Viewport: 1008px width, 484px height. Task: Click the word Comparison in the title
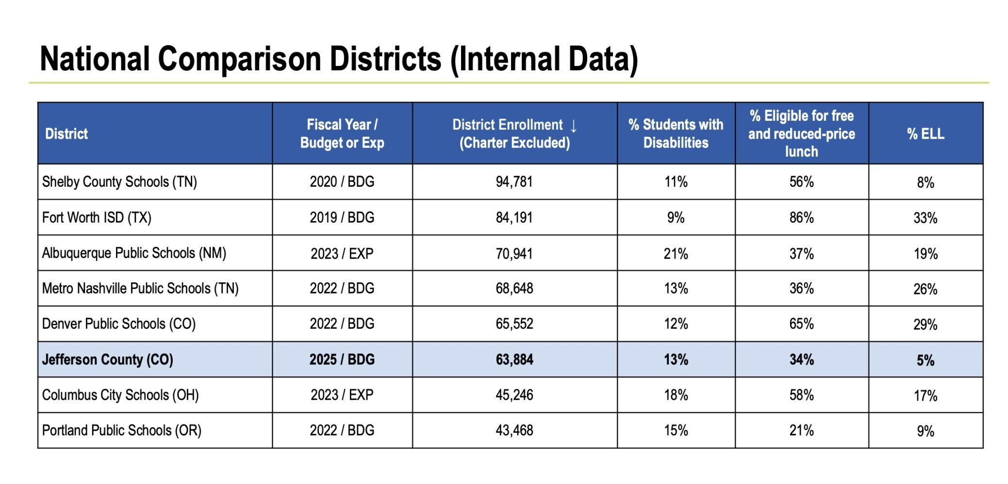240,59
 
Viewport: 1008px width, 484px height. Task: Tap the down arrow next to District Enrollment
574,126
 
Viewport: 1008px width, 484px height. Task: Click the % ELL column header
925,134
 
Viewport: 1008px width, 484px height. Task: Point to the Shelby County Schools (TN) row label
119,182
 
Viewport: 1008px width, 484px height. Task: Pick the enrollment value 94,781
514,182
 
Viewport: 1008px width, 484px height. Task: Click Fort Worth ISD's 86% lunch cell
801,218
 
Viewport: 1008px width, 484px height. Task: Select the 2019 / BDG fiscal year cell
342,218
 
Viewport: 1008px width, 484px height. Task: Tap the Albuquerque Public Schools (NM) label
134,253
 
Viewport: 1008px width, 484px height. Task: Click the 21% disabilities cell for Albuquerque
676,254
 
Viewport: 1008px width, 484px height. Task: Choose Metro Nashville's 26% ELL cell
925,289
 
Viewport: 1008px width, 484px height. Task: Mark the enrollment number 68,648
514,289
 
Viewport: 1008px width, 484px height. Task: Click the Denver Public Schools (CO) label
118,324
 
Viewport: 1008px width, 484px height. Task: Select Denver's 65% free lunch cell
801,324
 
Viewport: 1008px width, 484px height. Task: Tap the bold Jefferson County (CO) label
107,359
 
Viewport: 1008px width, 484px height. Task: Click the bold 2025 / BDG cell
342,359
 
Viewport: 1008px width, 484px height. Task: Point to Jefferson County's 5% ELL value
925,360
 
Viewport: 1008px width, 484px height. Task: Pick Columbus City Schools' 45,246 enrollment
514,395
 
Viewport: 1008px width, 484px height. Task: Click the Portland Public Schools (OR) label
121,431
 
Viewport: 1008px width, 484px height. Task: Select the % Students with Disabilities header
676,134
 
